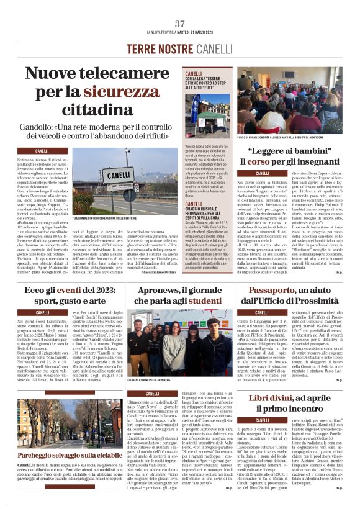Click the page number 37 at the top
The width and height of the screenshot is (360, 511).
click(180, 24)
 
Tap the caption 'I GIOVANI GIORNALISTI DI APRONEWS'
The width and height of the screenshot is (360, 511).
click(150, 379)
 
